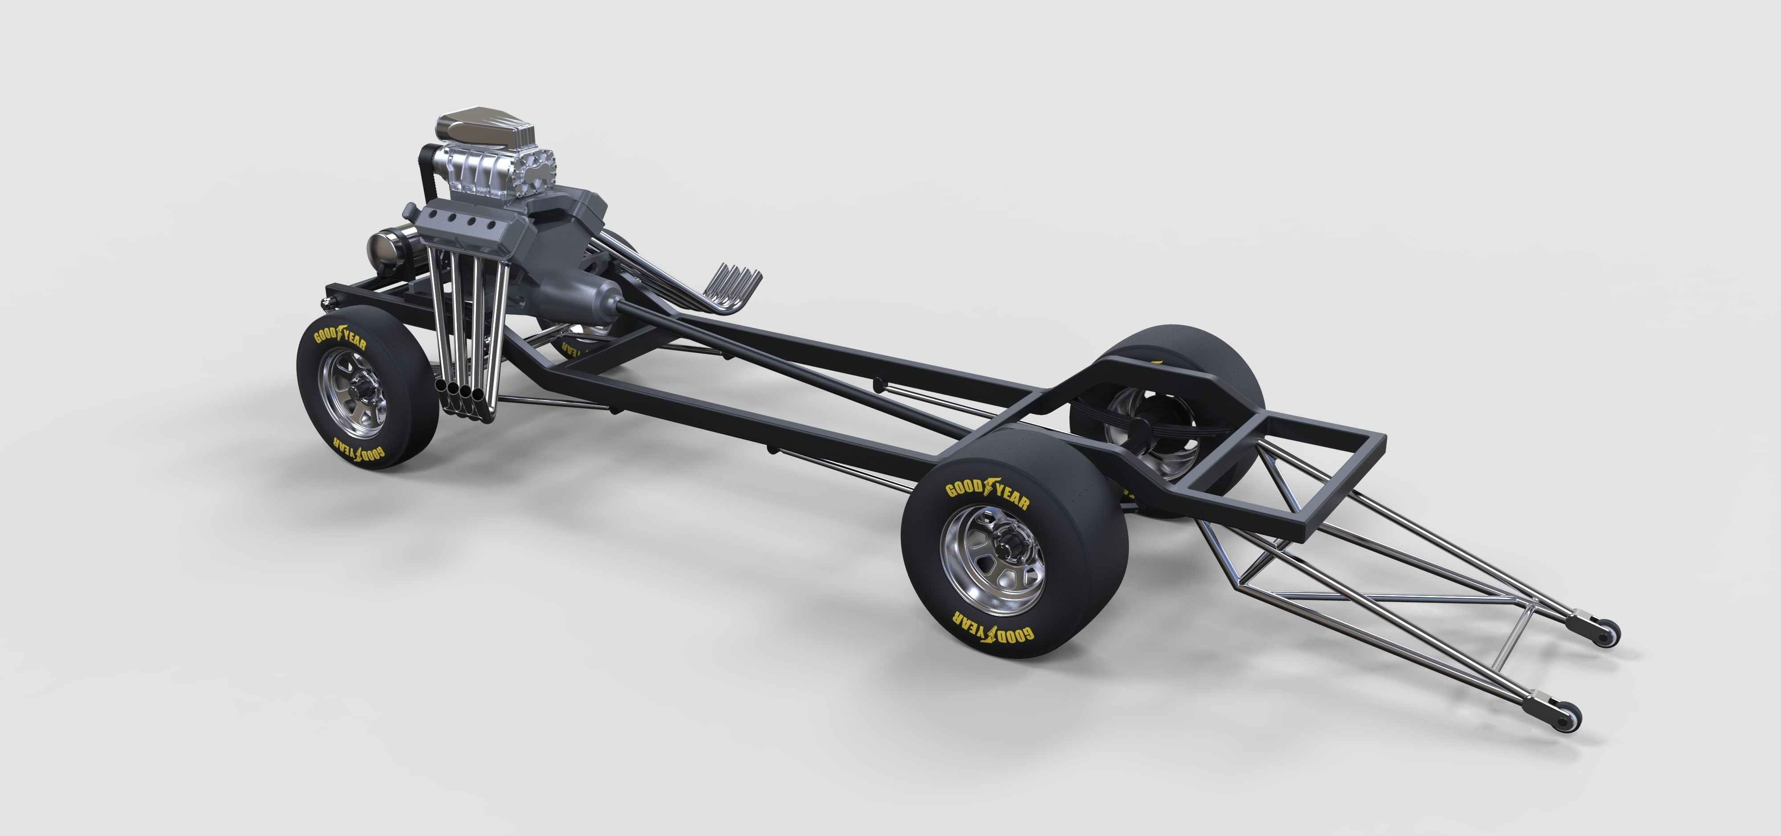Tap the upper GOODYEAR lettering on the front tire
340,339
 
